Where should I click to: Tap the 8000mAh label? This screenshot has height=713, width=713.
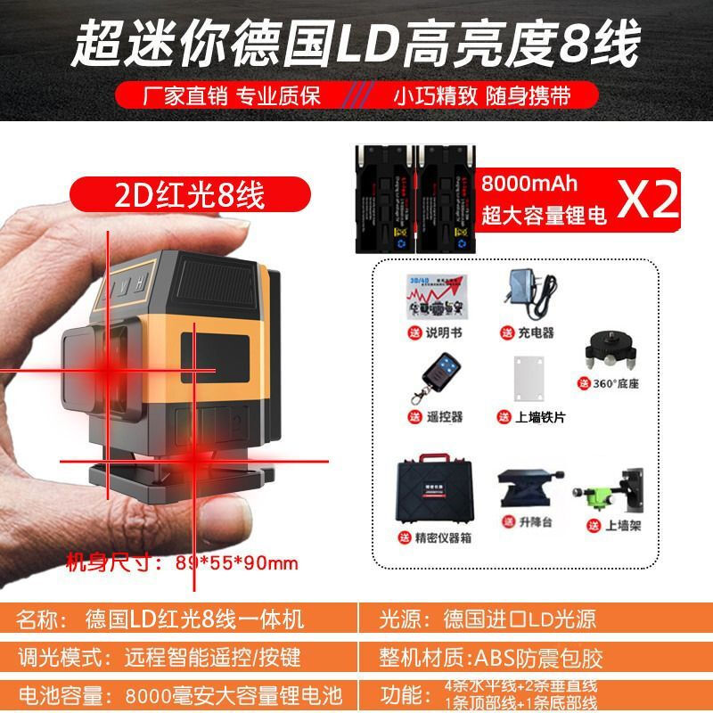[x=529, y=184]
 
